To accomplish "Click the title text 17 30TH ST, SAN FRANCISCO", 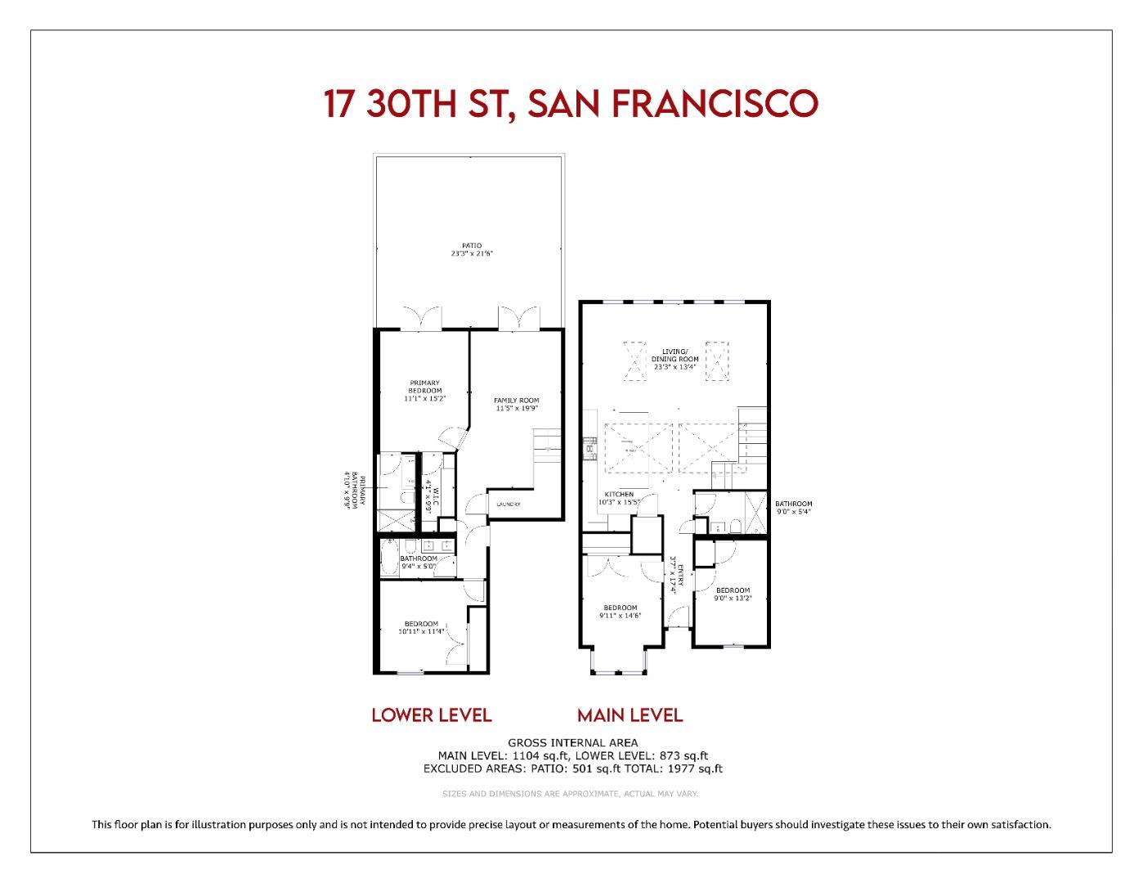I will [571, 104].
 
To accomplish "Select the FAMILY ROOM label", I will [516, 401].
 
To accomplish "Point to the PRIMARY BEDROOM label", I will [424, 387].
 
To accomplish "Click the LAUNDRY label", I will [508, 504].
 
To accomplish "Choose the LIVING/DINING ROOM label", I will [675, 355].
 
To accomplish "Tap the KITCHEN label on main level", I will [619, 495].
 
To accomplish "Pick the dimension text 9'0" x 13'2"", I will [733, 598].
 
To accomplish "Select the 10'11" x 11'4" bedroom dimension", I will [422, 632].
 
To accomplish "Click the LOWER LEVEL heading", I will [431, 715].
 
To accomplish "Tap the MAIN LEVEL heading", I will [630, 715].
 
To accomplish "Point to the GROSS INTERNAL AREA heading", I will [572, 742].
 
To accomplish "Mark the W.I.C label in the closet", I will [436, 497].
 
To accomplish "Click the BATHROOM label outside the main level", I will [793, 504].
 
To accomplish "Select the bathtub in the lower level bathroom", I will [388, 558].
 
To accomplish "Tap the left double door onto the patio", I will [422, 318].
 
